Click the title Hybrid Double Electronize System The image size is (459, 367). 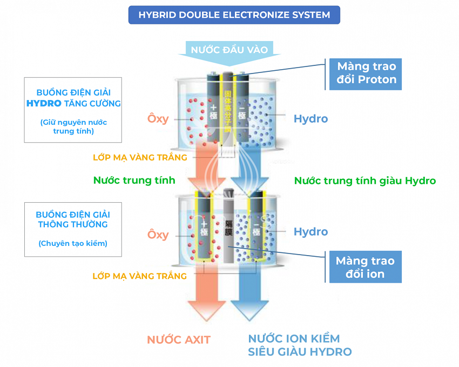(234, 15)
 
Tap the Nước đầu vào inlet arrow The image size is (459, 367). (229, 50)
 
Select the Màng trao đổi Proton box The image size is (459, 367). (366, 74)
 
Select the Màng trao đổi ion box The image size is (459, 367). (365, 267)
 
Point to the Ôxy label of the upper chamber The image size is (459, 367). (158, 119)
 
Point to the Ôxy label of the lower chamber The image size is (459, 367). (158, 235)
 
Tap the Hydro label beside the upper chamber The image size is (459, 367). (310, 119)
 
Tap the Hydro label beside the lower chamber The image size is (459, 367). (310, 232)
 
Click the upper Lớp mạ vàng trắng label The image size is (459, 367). (140, 157)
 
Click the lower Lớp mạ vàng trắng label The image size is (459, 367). (140, 276)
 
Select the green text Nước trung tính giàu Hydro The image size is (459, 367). (364, 181)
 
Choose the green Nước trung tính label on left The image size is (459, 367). (130, 181)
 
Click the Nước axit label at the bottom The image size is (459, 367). (178, 340)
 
